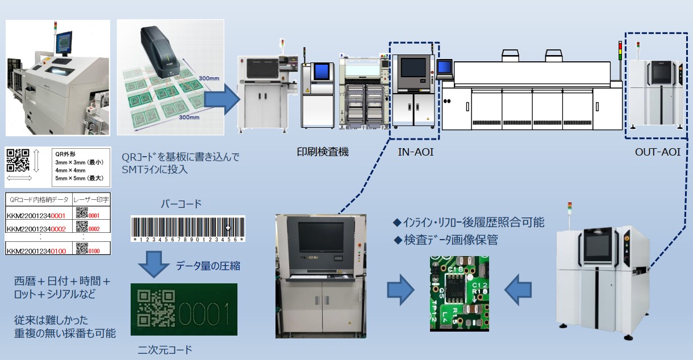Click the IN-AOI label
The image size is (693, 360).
415,152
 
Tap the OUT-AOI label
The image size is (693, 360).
657,152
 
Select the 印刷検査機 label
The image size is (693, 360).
323,152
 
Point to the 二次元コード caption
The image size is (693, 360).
161,349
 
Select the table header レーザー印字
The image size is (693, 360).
91,199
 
